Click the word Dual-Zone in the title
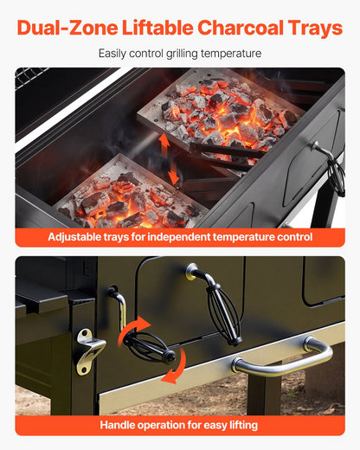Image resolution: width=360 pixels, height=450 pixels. (x=67, y=28)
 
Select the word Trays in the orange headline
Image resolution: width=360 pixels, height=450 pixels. (x=315, y=28)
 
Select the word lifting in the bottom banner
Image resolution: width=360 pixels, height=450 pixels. (x=243, y=425)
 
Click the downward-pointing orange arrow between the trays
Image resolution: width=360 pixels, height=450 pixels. (x=174, y=172)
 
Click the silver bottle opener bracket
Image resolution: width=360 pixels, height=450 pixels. (x=90, y=351)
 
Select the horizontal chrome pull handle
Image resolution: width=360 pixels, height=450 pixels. (x=283, y=358)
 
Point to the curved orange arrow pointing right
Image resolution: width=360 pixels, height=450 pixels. (x=132, y=329)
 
